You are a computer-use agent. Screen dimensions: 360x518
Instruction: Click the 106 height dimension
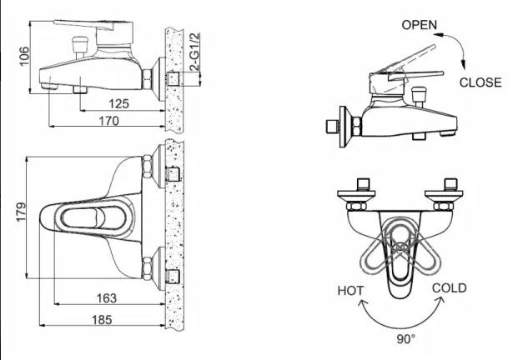25,56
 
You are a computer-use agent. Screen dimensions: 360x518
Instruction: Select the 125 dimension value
120,104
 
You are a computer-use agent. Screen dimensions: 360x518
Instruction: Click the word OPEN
419,24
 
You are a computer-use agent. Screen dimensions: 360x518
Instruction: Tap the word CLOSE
480,82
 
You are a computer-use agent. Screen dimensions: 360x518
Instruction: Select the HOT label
351,291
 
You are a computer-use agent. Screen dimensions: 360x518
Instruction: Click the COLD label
449,288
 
